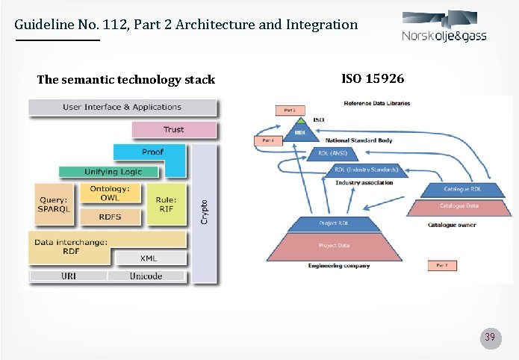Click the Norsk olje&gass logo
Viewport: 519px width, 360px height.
click(x=444, y=28)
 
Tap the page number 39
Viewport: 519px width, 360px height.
click(x=490, y=337)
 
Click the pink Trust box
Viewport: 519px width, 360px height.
click(x=173, y=130)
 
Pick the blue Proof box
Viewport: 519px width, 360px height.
click(x=152, y=152)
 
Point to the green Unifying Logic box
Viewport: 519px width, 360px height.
click(x=112, y=172)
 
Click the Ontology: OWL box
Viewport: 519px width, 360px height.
click(x=109, y=193)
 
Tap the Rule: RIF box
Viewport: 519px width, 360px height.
click(x=165, y=204)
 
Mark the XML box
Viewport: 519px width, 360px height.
click(x=149, y=258)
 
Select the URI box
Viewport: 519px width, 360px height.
click(x=68, y=276)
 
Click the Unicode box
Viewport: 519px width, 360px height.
click(x=145, y=276)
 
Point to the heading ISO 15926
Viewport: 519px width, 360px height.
click(x=373, y=78)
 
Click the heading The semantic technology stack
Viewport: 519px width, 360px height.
click(x=125, y=79)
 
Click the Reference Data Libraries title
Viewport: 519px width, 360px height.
click(x=376, y=103)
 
